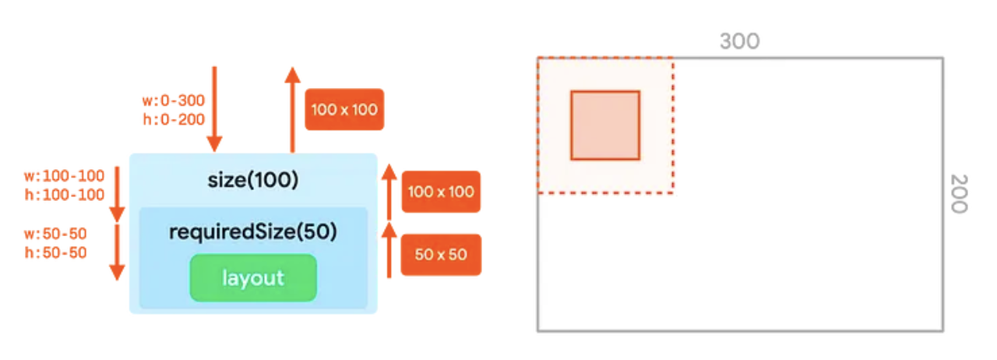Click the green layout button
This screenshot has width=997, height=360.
253,278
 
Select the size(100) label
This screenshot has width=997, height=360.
253,180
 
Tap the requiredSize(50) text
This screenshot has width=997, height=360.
253,232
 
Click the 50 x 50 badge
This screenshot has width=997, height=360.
441,254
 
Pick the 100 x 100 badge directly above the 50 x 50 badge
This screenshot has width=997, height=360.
441,192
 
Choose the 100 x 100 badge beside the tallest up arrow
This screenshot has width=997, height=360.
344,109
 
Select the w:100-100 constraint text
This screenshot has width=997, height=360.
64,176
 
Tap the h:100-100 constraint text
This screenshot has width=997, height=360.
64,194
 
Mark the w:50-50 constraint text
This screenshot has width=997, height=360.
55,235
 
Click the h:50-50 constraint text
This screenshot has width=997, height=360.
55,252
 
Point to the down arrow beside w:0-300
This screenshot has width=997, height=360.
214,109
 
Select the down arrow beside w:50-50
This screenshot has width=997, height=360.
117,251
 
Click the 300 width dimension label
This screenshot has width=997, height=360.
739,41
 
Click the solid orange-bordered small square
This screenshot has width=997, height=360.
605,125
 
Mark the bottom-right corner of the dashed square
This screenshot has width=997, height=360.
672,192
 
